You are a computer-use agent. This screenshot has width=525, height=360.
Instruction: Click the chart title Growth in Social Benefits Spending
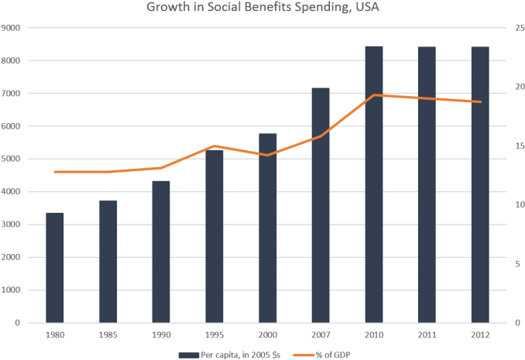click(262, 9)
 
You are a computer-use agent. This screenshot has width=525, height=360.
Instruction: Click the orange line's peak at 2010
click(373, 95)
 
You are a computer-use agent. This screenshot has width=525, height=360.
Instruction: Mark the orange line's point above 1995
click(214, 146)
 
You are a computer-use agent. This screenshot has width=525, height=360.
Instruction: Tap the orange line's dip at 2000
click(267, 155)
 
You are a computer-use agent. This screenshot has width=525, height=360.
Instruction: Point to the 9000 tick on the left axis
click(13, 28)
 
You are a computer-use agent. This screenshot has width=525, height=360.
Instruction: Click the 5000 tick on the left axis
click(13, 159)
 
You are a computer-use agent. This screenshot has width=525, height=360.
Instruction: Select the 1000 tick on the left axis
click(13, 290)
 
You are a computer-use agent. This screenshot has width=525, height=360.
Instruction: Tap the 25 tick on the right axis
click(518, 28)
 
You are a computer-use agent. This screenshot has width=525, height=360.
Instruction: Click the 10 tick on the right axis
click(518, 205)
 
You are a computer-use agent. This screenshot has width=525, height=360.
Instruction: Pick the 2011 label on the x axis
click(427, 336)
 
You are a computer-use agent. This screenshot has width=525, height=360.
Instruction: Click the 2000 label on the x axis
click(267, 336)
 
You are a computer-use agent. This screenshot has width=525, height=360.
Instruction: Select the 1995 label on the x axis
click(214, 336)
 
